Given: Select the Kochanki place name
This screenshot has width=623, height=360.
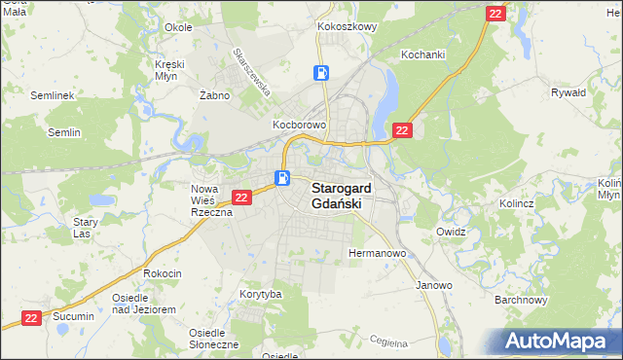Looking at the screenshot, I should pos(422,54).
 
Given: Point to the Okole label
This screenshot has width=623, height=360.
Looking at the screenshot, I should pos(178,27).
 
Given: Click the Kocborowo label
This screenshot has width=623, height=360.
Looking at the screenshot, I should pos(298,126).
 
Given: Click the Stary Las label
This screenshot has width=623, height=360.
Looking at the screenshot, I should pos(86,228).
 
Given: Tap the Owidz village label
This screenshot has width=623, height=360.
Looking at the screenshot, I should pos(452,233).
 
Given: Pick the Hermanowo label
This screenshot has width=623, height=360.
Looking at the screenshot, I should pos(377,253).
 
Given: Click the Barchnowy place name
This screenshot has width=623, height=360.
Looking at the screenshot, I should pos(517,300).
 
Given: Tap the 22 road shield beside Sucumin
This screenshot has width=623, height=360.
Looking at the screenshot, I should pos(31,317).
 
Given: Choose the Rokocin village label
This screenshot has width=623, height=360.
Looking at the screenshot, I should pos(162,273).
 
